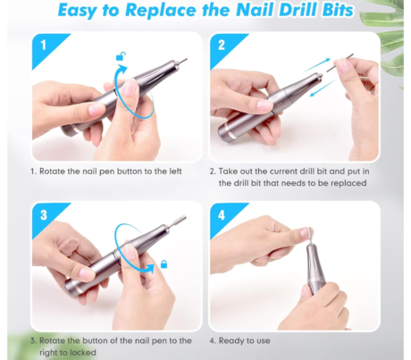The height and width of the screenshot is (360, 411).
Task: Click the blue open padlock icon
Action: tap(121, 56)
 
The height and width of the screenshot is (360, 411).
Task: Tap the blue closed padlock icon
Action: tap(164, 264)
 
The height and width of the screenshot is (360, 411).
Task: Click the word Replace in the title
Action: tap(162, 11)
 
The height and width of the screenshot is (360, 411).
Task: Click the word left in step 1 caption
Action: tap(174, 172)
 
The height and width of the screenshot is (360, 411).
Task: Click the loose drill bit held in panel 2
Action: tap(340, 63)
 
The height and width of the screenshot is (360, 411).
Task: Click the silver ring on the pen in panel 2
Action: tap(230, 132)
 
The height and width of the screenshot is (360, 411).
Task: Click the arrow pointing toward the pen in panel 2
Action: tap(323, 88)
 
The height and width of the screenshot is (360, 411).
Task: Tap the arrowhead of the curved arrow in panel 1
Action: tap(122, 71)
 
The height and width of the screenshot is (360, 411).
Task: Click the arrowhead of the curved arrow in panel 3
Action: tap(149, 268)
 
